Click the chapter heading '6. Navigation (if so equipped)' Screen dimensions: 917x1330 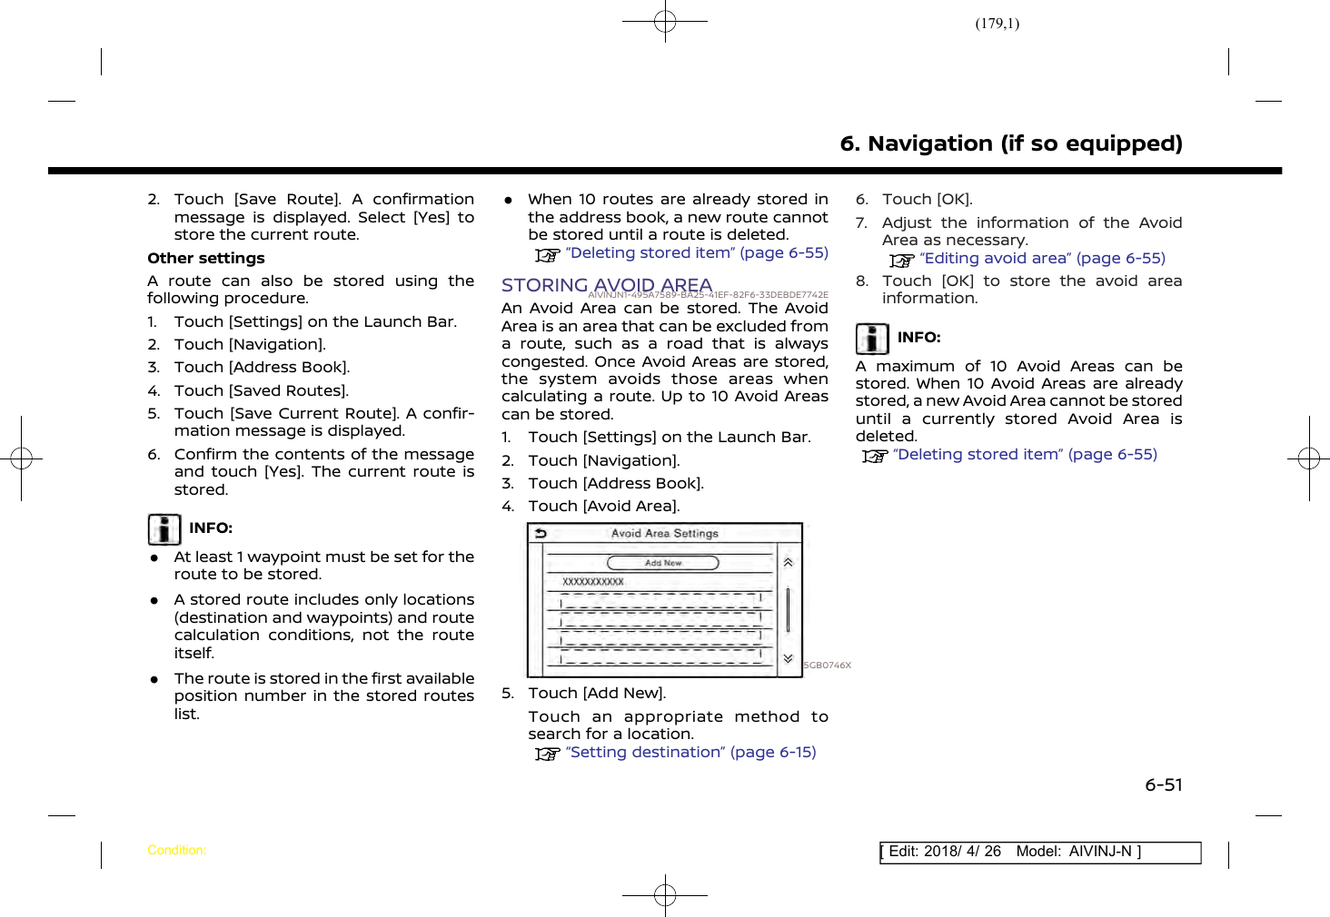pos(1010,143)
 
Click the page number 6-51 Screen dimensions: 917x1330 pos(1163,785)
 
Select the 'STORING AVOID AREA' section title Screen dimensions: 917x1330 pos(606,285)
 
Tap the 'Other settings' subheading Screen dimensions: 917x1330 pos(206,259)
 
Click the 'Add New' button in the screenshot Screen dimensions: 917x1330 pos(663,563)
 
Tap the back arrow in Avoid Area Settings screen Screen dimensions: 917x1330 pos(541,534)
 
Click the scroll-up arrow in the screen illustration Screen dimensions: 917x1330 pos(789,563)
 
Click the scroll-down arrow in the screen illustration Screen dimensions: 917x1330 pos(789,659)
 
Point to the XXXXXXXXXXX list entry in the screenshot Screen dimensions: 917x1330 pos(593,582)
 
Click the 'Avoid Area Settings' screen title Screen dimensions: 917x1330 pos(664,534)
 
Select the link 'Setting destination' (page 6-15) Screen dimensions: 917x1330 pos(690,753)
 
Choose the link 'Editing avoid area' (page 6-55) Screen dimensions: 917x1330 pos(1042,259)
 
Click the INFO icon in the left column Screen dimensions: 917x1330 pos(164,529)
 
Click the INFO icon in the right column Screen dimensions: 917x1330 pos(872,339)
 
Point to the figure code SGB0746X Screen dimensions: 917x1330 pos(828,666)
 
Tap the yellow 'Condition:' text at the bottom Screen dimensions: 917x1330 pos(176,851)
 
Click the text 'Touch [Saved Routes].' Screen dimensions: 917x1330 pos(261,391)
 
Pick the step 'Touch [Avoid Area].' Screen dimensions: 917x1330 pos(603,507)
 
